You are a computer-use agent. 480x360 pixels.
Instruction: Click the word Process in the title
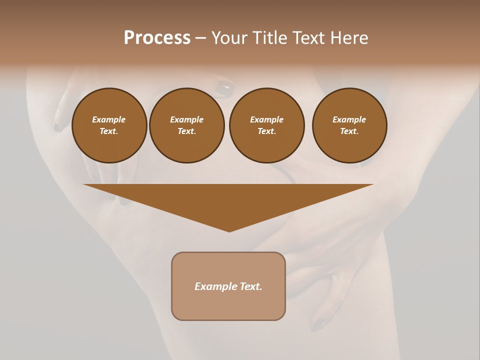(157, 38)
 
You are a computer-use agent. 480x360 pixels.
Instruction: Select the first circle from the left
(109, 125)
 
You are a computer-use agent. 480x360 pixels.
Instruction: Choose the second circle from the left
(186, 125)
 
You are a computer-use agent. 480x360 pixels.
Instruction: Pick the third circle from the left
(266, 125)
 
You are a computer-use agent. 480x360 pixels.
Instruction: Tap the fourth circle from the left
(349, 125)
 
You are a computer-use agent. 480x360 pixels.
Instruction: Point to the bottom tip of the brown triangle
(229, 231)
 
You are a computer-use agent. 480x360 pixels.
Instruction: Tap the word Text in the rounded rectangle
(250, 286)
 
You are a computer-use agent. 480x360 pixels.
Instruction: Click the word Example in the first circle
(109, 119)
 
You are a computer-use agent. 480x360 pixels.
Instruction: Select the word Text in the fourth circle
(349, 131)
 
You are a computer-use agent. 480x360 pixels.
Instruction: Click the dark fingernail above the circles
(224, 89)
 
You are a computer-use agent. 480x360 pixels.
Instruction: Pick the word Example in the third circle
(266, 119)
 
